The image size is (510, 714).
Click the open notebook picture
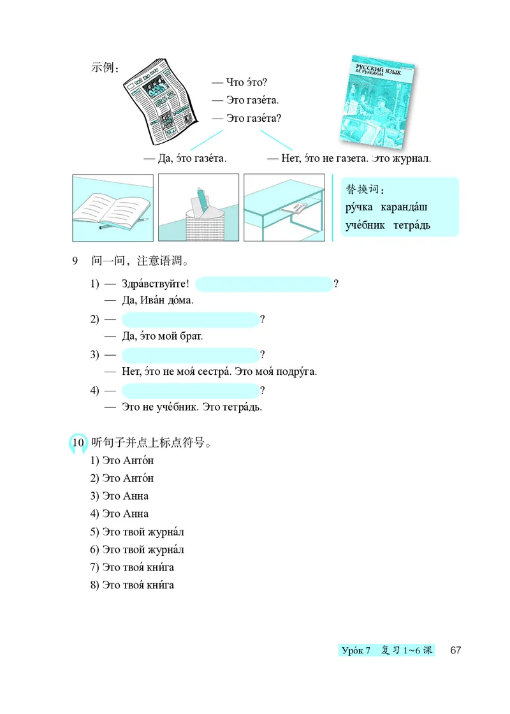coord(113,207)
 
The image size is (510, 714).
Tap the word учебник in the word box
coord(365,224)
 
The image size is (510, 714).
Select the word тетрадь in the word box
coord(413,224)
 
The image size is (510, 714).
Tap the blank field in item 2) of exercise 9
coord(189,319)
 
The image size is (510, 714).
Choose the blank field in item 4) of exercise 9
coord(189,390)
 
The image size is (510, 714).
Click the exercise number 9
coord(75,261)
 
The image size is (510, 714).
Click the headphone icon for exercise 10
coord(77,442)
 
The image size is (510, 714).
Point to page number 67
coord(455,650)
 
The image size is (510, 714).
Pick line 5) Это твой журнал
coord(137,532)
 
